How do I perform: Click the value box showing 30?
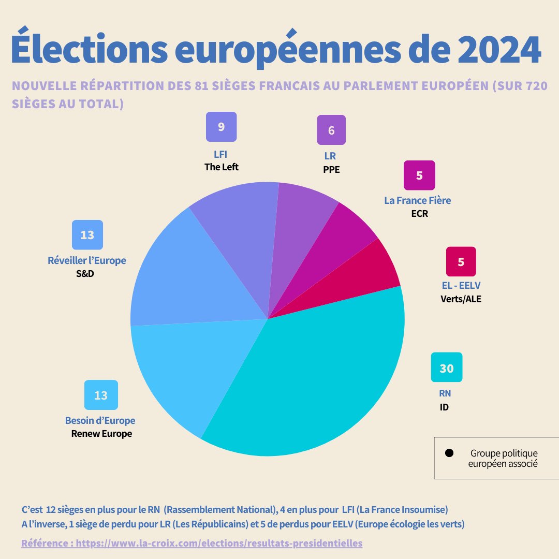446,368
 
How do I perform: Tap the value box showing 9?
221,127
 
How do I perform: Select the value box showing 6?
331,130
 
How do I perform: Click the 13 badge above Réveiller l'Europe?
87,235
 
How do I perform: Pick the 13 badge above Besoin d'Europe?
101,395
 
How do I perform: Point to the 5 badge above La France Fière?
419,175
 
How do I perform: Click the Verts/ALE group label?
461,299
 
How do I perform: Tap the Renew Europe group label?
101,434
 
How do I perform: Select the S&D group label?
85,273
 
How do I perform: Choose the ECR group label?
419,213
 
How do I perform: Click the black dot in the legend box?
449,453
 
